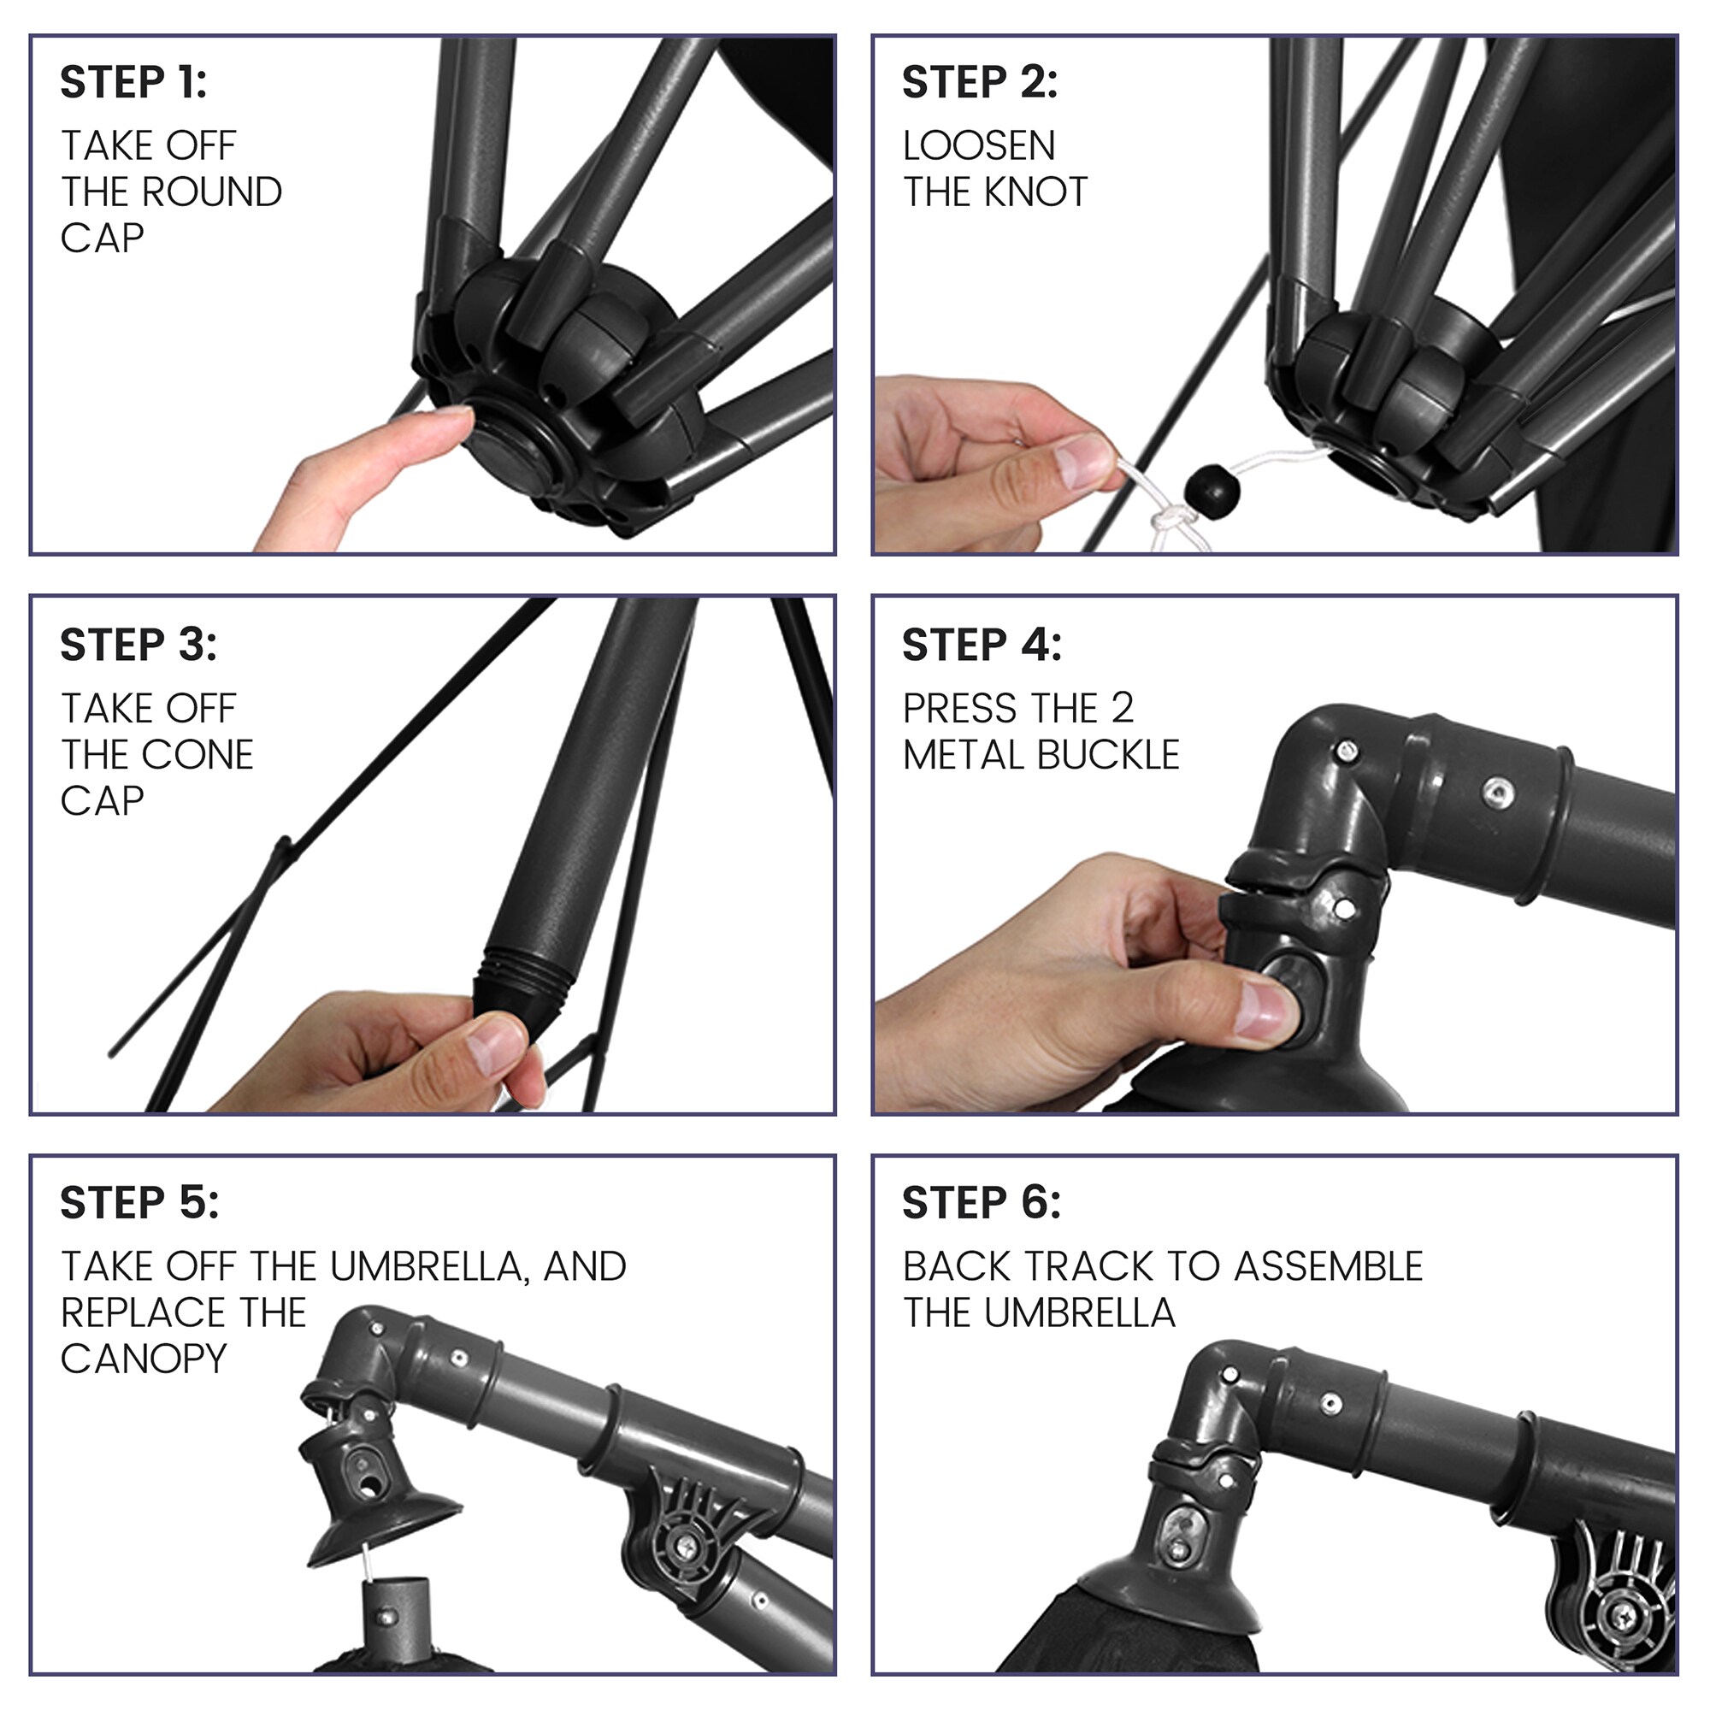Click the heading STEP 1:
tap(133, 82)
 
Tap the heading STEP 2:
tap(981, 82)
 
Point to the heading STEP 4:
tap(982, 645)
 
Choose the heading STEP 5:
tap(140, 1203)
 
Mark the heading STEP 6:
tap(982, 1203)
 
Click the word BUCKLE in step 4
tap(1109, 755)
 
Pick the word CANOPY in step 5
tap(144, 1359)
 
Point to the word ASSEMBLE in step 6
tap(1329, 1266)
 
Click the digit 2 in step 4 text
tap(1123, 708)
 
